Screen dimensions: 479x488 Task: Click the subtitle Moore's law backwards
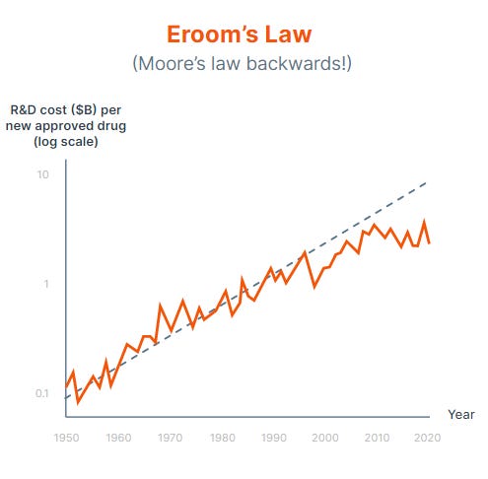click(x=243, y=64)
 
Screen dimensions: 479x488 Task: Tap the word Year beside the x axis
click(x=460, y=415)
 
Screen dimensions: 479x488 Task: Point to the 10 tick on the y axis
click(x=42, y=174)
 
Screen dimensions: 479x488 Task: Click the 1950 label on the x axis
click(x=66, y=437)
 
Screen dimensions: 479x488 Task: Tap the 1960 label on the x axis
click(x=118, y=437)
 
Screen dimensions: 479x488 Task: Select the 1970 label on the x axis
click(x=170, y=437)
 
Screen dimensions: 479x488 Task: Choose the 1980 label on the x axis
click(x=222, y=437)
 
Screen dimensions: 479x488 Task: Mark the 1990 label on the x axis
click(x=273, y=437)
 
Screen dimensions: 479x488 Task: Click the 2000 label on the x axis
click(x=324, y=437)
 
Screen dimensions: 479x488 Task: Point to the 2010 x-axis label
click(x=377, y=437)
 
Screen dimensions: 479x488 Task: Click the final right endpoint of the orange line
click(x=429, y=242)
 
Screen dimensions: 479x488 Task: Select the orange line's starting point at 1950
click(x=66, y=386)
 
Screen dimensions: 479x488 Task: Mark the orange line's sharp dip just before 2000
click(x=314, y=287)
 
